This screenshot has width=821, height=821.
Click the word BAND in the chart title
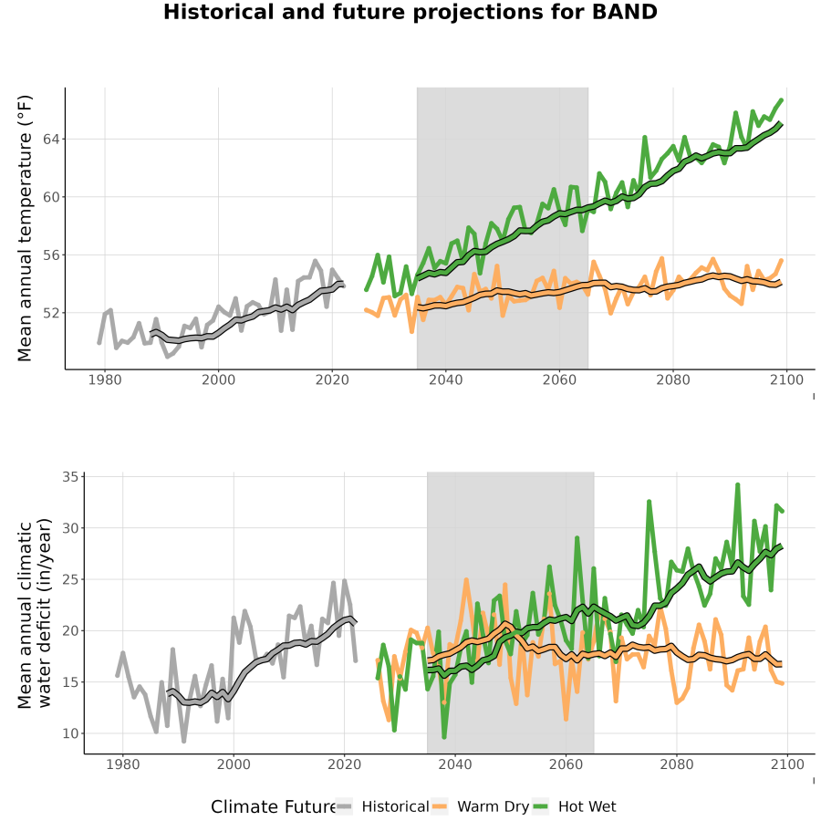pyautogui.click(x=624, y=12)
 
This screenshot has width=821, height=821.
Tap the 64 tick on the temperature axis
pyautogui.click(x=52, y=140)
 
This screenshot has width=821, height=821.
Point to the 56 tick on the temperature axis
pyautogui.click(x=52, y=255)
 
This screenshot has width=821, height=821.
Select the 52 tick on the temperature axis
pyautogui.click(x=52, y=313)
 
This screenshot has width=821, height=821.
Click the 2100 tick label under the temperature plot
pyautogui.click(x=786, y=379)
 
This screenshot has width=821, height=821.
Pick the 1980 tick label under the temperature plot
pyautogui.click(x=105, y=379)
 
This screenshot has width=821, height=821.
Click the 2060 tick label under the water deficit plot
pyautogui.click(x=566, y=764)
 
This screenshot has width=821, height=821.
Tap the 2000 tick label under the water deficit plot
pyautogui.click(x=234, y=764)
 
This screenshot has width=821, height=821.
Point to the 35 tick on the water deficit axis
pyautogui.click(x=70, y=477)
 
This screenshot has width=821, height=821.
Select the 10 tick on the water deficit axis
pyautogui.click(x=70, y=733)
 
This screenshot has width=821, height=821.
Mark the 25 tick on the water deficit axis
pyautogui.click(x=70, y=579)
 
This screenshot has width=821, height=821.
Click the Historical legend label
pyautogui.click(x=395, y=806)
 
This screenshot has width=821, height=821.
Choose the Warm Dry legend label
pyautogui.click(x=494, y=807)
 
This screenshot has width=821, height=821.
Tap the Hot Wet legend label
pyautogui.click(x=587, y=806)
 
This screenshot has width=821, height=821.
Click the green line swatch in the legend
pyautogui.click(x=540, y=806)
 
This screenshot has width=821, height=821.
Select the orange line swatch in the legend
pyautogui.click(x=440, y=806)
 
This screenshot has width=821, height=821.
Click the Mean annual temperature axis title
pyautogui.click(x=25, y=228)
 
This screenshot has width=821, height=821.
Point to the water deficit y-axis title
pyautogui.click(x=35, y=614)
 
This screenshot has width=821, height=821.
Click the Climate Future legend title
pyautogui.click(x=273, y=807)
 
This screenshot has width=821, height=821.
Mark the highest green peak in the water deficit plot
pyautogui.click(x=737, y=485)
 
